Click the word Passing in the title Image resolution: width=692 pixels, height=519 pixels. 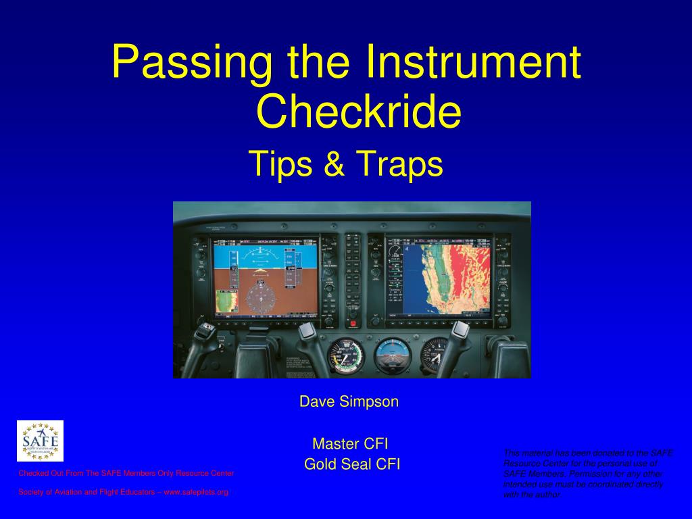(x=193, y=62)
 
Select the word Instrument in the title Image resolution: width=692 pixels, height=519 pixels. (x=472, y=62)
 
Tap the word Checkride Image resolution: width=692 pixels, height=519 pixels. (x=359, y=112)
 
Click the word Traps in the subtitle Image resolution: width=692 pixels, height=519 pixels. (x=399, y=164)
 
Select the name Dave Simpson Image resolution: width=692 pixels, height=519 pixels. (x=349, y=401)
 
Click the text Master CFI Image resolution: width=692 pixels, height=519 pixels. (x=350, y=444)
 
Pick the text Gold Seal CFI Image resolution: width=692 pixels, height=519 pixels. (x=352, y=464)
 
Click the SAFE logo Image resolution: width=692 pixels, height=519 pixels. (x=40, y=441)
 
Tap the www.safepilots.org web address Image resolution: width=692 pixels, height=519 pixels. (x=196, y=492)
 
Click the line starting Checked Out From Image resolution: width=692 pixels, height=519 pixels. (x=126, y=473)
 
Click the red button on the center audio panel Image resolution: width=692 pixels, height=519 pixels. (x=352, y=324)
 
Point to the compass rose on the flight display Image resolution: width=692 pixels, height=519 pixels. (x=259, y=298)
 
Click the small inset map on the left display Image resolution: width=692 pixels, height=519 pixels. (x=226, y=301)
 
